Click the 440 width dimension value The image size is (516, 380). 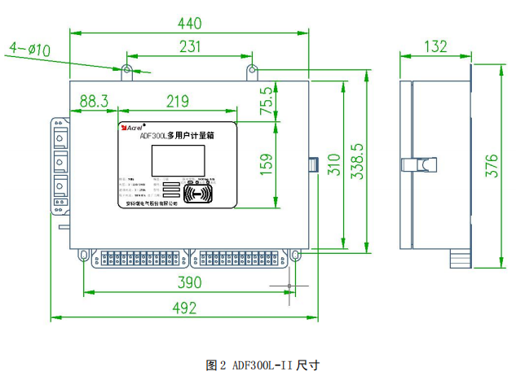(x=189, y=24)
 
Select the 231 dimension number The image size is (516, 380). (x=189, y=46)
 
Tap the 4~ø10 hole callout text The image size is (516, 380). (x=29, y=50)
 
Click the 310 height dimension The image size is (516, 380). (x=334, y=167)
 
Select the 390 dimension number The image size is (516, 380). (x=190, y=282)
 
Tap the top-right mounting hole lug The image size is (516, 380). (x=249, y=69)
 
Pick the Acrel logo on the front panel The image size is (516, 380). (x=130, y=127)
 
